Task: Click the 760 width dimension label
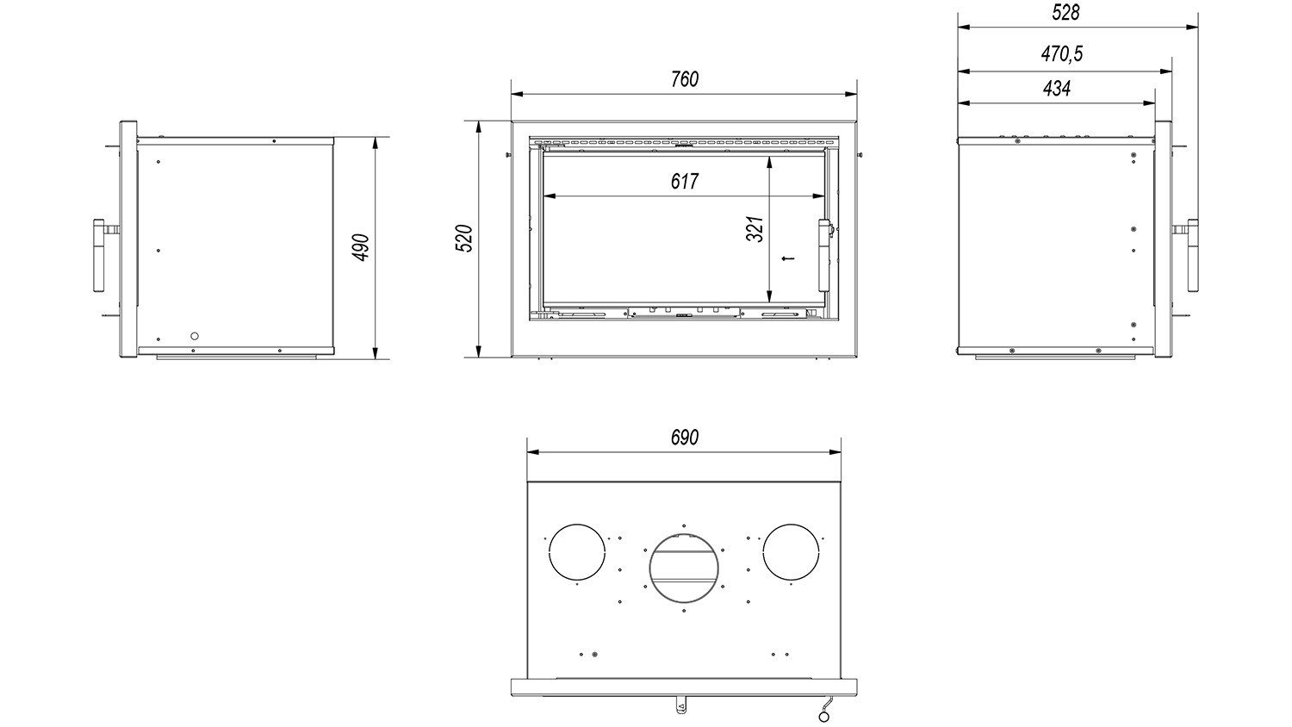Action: point(685,79)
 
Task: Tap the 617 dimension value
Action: point(685,182)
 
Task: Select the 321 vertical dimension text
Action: point(755,229)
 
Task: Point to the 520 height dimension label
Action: point(464,239)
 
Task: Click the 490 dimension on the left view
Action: point(361,247)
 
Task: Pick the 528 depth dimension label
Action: point(1065,13)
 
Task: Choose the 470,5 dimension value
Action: point(1062,54)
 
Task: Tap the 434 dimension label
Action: point(1057,88)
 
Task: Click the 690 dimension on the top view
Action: point(685,438)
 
